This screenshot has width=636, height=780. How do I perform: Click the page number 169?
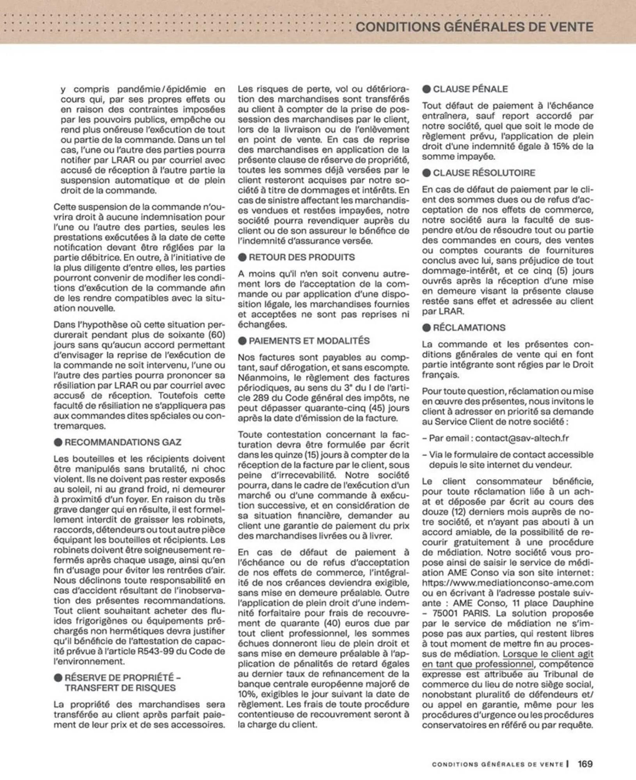coord(585,764)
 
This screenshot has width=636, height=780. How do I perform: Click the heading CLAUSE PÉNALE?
coord(470,89)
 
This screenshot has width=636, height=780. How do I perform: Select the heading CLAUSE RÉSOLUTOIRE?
coord(484,173)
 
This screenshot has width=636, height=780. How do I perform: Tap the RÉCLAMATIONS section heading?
coord(469,328)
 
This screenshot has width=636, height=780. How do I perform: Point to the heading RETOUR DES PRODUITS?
coord(302,257)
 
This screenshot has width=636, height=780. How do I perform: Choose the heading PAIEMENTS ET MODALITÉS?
coord(309,341)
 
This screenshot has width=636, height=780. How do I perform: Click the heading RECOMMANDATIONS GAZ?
coord(123,442)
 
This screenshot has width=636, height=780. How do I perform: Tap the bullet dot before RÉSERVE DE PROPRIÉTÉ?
coord(58,677)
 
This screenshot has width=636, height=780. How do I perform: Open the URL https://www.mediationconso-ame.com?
coord(508,583)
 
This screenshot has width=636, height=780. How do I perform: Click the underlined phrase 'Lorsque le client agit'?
coord(548,654)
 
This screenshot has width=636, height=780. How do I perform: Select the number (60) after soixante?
coord(217,335)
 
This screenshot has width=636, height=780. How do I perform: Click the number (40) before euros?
coord(333,623)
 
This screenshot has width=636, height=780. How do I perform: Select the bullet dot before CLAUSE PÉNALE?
coord(426,89)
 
